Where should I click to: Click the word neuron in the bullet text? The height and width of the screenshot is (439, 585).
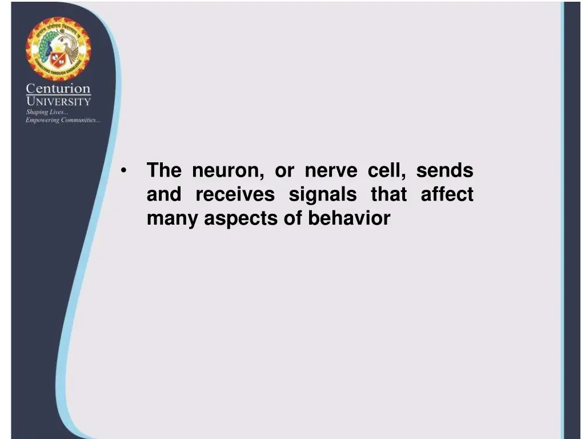[x=227, y=171]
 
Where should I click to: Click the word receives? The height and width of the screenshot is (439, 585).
[x=235, y=195]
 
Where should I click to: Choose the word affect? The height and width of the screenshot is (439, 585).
[x=447, y=195]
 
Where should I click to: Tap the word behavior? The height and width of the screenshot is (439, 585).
[x=349, y=218]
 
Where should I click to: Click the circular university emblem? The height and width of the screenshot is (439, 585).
[x=58, y=49]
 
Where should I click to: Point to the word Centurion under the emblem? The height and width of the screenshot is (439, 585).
[x=58, y=89]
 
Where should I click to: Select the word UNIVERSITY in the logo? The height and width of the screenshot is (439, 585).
[x=58, y=102]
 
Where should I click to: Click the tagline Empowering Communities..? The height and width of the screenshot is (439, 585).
[x=63, y=120]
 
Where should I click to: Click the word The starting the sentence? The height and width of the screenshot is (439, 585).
[x=164, y=171]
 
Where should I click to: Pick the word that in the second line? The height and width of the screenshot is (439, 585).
[x=388, y=195]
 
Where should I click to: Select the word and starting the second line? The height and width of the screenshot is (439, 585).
[x=164, y=195]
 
